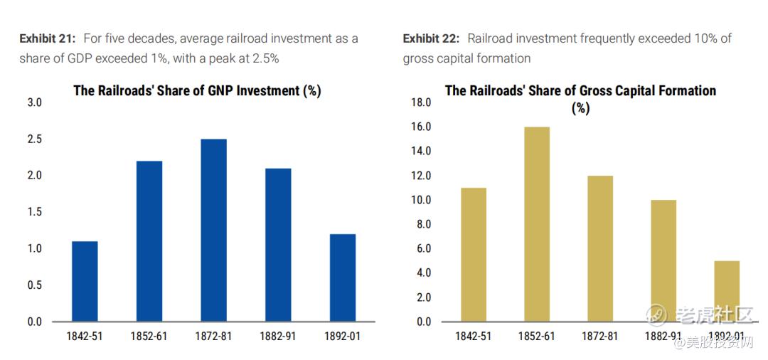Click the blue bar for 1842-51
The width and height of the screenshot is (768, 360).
click(85, 281)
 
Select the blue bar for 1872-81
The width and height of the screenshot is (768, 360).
click(213, 230)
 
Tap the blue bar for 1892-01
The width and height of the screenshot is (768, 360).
click(342, 277)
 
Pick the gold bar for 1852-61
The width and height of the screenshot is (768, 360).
click(537, 224)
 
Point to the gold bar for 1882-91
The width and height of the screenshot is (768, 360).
click(663, 260)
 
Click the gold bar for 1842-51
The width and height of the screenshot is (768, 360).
click(474, 254)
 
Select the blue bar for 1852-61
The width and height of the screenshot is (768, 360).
click(149, 241)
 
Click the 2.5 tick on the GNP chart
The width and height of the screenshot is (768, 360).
click(34, 139)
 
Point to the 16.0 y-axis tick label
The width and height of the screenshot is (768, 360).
click(421, 127)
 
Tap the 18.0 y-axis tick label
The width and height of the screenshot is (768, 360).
click(421, 102)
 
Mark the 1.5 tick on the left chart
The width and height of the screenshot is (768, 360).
click(34, 212)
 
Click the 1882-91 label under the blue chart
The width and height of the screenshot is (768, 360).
click(277, 336)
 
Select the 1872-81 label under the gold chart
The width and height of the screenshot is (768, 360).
click(600, 336)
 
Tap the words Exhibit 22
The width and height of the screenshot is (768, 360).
click(431, 38)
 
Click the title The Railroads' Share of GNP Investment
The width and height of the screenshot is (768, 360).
click(197, 90)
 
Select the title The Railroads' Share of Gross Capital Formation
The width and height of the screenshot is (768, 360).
click(580, 90)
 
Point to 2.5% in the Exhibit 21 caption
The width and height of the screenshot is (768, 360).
click(265, 58)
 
